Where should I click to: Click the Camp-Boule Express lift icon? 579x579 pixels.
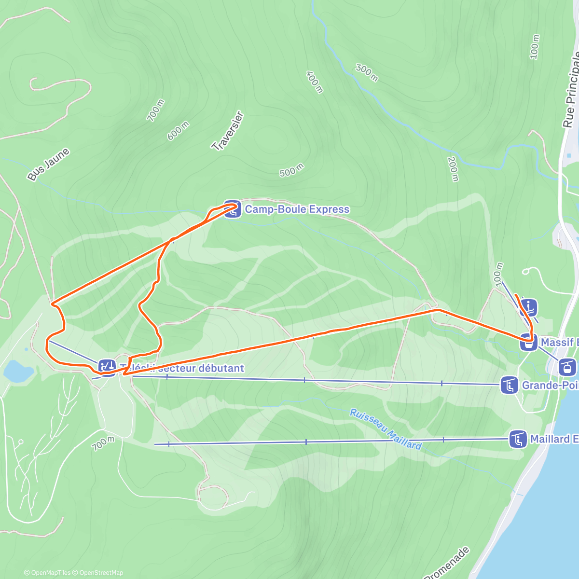233,209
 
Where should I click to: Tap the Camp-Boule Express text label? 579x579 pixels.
297,209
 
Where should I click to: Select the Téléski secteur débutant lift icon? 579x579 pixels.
107,367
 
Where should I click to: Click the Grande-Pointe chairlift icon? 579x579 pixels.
510,386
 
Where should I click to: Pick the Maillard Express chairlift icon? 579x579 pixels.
518,440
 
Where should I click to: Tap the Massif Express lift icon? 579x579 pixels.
529,342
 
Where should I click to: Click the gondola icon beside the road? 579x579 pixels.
567,367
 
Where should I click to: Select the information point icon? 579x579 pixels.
529,306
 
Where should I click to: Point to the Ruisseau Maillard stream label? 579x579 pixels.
386,429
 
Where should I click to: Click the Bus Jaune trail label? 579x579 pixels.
48,165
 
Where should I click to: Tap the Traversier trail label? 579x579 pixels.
227,131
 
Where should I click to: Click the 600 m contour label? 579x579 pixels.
178,131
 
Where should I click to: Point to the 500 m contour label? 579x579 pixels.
292,170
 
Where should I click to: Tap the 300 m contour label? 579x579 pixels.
367,72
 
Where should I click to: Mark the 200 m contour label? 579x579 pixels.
453,169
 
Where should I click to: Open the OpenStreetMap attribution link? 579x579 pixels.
101,573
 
